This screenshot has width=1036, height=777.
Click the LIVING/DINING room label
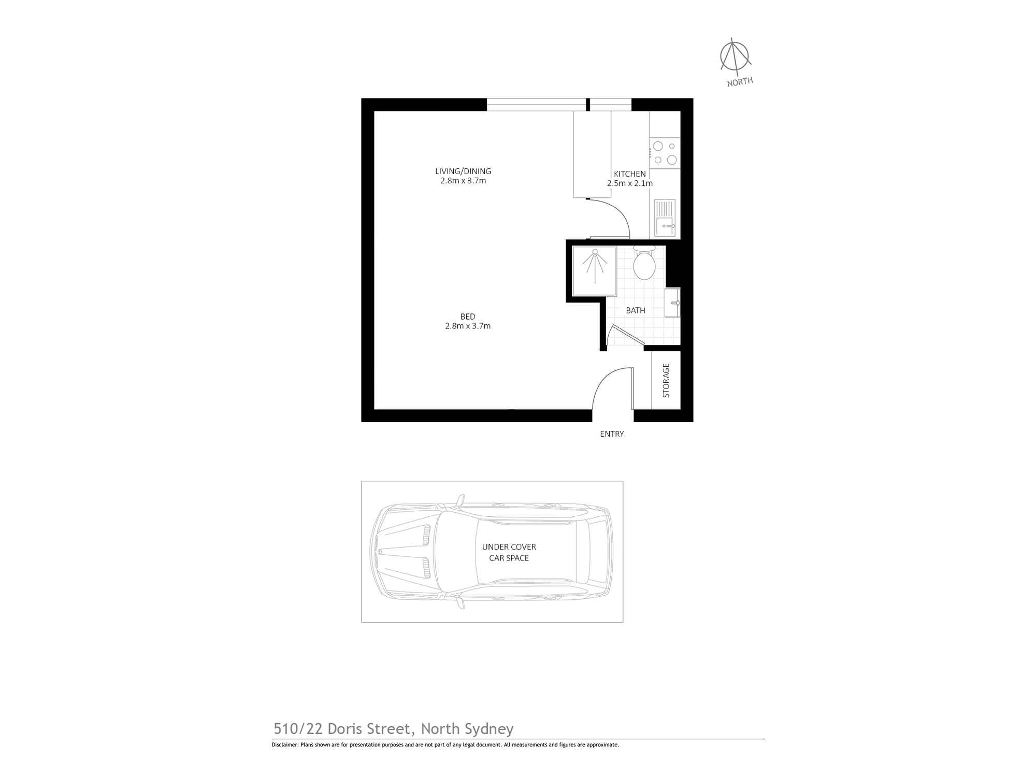(x=463, y=171)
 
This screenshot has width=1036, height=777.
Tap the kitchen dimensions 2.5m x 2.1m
(x=629, y=183)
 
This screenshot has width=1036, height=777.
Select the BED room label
(x=467, y=316)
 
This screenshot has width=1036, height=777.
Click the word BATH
(x=635, y=310)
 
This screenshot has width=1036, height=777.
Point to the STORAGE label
(x=666, y=380)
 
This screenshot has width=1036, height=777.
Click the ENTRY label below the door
(x=612, y=434)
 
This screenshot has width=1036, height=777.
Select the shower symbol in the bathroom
(x=595, y=270)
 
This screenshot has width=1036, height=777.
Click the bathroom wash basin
(x=672, y=303)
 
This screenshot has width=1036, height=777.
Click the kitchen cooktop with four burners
(x=665, y=153)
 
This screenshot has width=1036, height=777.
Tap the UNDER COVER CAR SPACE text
(x=509, y=552)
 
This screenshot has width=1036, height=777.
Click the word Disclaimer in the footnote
(x=285, y=745)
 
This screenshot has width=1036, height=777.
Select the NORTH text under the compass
(x=740, y=82)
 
